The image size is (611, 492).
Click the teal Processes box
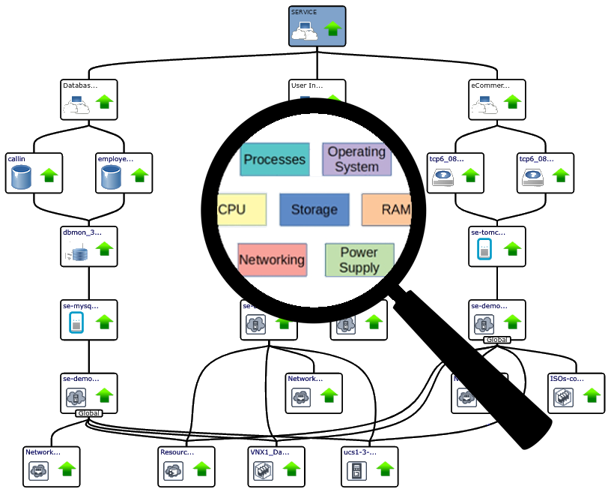click(274, 159)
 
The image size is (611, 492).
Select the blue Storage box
click(314, 209)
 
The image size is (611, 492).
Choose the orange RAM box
click(386, 209)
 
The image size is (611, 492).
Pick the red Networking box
click(272, 259)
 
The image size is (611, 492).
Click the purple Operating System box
click(356, 159)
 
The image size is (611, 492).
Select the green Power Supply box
click(359, 259)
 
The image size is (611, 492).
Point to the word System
click(356, 166)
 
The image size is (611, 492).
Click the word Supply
click(359, 267)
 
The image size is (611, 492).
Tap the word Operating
click(356, 151)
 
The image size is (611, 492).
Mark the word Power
click(359, 252)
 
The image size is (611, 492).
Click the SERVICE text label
click(304, 13)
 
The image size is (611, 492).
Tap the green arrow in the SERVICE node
click(333, 30)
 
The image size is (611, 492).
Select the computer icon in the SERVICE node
click(305, 31)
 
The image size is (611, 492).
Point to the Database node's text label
click(79, 85)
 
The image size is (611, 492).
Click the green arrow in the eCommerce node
click(512, 103)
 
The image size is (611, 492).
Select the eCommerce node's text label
click(488, 85)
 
